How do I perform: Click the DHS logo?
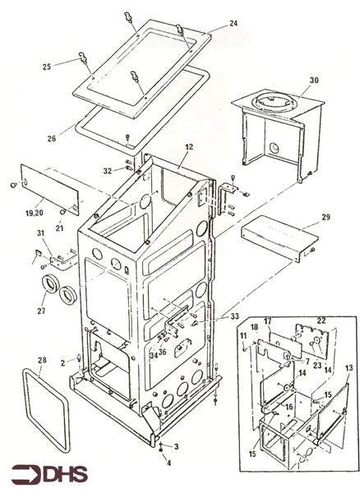[49, 475]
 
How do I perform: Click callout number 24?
[233, 23]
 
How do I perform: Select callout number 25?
[47, 67]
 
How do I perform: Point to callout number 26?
[52, 138]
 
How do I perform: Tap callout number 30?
[314, 81]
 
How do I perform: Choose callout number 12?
[189, 147]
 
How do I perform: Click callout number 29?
[325, 217]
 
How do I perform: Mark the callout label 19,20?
[35, 213]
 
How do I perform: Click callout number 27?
[41, 311]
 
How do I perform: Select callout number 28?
[42, 360]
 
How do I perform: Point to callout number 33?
[234, 316]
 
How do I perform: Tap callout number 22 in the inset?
[321, 320]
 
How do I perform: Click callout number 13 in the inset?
[349, 367]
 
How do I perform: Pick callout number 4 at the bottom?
[168, 463]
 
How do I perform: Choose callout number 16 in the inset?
[289, 407]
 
